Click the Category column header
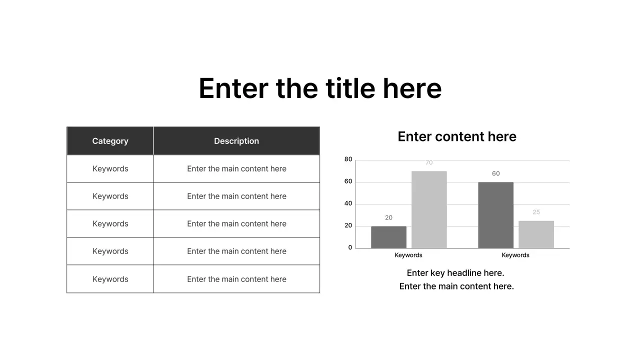[110, 141]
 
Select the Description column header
[236, 141]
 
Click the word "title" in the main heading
[350, 88]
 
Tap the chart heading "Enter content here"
[457, 136]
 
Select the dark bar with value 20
[388, 237]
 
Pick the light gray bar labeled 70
[429, 209]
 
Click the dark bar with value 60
[495, 215]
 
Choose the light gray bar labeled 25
[536, 234]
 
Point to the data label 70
[429, 162]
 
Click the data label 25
[536, 212]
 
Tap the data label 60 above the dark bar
[495, 173]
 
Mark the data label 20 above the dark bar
[388, 217]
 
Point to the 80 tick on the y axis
[348, 159]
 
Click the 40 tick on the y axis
[348, 203]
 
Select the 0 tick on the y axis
[350, 247]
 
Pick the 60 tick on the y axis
[348, 181]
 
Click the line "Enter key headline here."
[455, 273]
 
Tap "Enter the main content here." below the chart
[456, 286]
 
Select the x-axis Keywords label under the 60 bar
[515, 255]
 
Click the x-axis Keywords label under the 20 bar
[408, 255]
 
